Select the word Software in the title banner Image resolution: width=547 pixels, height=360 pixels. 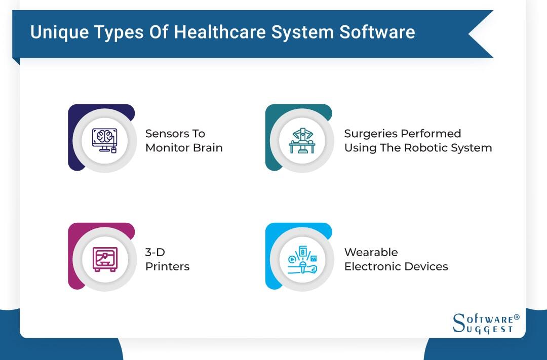[x=377, y=32]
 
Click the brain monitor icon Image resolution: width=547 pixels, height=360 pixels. [x=104, y=138]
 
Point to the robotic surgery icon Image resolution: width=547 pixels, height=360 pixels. [x=302, y=138]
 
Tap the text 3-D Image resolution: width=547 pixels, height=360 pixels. [x=155, y=252]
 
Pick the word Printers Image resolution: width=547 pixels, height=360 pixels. [x=167, y=266]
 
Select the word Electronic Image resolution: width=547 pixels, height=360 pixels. [x=371, y=266]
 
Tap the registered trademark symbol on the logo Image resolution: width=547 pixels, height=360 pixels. [x=517, y=317]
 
